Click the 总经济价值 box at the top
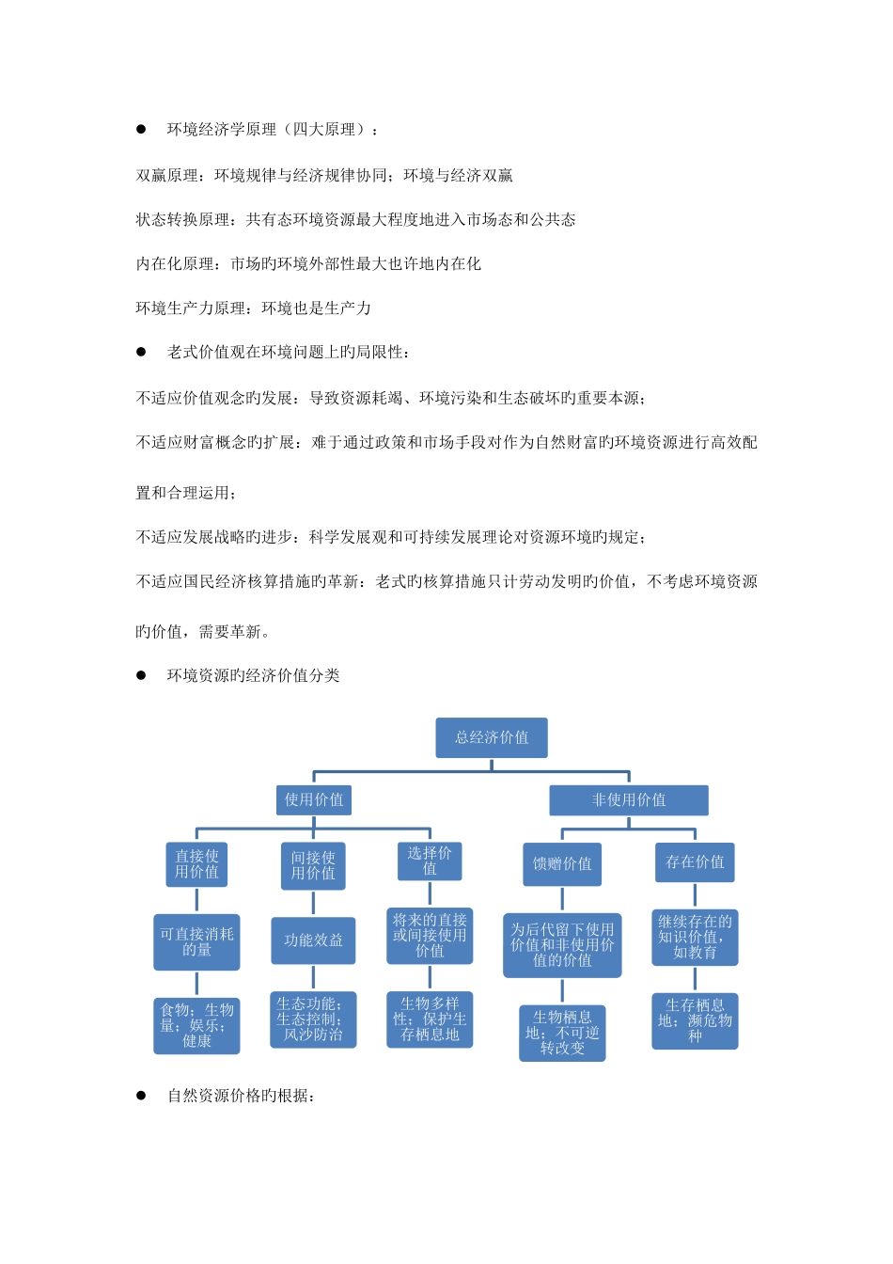coord(492,738)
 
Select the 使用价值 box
coord(314,800)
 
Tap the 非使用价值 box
coord(629,800)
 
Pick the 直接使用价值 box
coord(196,864)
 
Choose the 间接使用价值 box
coord(313,865)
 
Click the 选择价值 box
coord(430,861)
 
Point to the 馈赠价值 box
coord(562,864)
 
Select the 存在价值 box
coord(695,862)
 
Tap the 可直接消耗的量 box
coord(196,941)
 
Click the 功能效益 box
coord(313,940)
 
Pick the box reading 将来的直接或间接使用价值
coord(430,936)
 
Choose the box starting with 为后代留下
coord(562,945)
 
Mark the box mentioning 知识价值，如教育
coord(695,938)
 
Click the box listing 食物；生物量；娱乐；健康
coord(196,1026)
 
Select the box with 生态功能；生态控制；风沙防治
coord(313,1019)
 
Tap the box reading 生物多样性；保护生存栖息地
coord(430,1019)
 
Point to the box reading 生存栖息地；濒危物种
coord(695,1021)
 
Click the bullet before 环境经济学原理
coord(142,129)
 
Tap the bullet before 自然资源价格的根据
coord(142,1096)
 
